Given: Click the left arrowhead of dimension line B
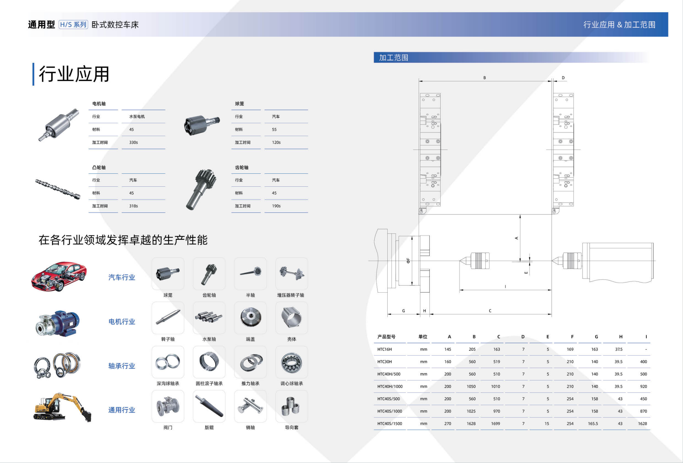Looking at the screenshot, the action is click(420, 81).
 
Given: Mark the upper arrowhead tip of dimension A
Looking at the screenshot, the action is click(520, 215).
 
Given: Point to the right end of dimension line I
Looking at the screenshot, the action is click(551, 290).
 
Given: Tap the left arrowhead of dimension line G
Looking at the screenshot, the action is click(388, 314).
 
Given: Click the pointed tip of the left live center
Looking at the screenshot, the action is click(460, 260).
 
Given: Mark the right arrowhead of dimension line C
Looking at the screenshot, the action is click(551, 314).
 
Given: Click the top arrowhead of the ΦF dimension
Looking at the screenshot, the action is click(412, 237).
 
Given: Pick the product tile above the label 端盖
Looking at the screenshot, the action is click(250, 318).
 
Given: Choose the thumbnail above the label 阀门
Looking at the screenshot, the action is click(168, 406).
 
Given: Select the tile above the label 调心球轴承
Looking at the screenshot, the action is click(291, 362).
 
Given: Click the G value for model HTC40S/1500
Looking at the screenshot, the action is click(593, 424).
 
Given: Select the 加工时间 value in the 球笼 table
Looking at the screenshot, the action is click(276, 143).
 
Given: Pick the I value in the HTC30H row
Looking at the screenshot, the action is click(643, 362).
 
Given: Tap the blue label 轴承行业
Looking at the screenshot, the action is click(122, 366).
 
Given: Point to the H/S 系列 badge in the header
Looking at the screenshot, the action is click(73, 25).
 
